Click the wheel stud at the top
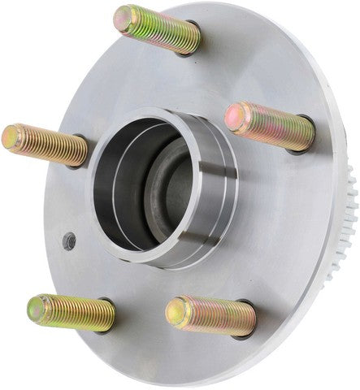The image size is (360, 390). pos(158,29)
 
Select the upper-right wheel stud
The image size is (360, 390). pos(270,126)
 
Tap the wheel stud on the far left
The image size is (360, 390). pos(46,145)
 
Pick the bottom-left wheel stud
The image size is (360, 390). pos(72,312)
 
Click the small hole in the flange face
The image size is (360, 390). pos(70,241)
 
